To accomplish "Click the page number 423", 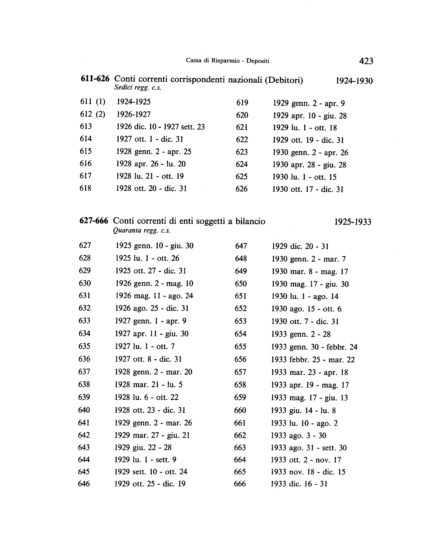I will [x=366, y=61].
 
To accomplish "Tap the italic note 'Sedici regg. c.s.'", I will [x=138, y=88].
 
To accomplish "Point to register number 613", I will [x=86, y=126].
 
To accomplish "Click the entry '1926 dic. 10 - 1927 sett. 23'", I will [x=160, y=127].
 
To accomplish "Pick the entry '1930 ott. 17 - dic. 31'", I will [x=308, y=189].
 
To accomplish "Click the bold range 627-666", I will [x=94, y=221].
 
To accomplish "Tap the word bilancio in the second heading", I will [x=250, y=221].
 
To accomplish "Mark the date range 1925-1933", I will [x=353, y=222].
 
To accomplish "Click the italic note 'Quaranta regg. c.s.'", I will [x=142, y=230].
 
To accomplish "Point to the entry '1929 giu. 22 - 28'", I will [x=143, y=447].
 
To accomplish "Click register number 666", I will [x=240, y=484].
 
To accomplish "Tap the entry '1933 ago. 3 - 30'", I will [x=298, y=435].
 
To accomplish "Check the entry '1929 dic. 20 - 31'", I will [x=300, y=246].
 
